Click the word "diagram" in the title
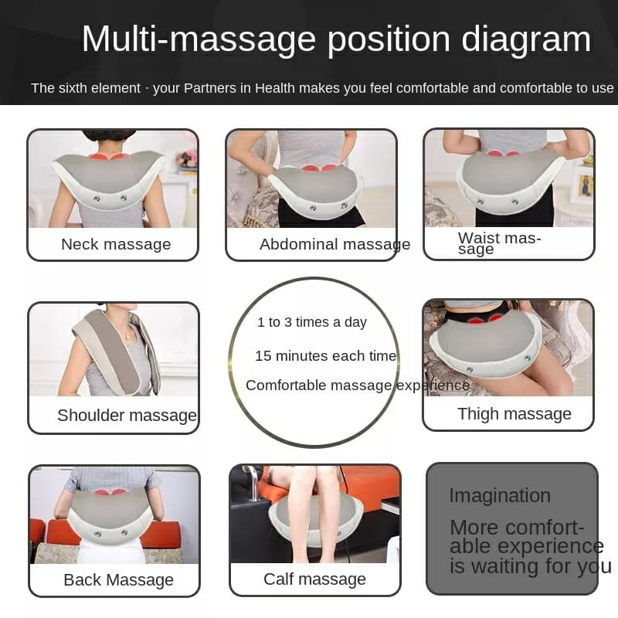click(526, 39)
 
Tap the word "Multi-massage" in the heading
click(199, 39)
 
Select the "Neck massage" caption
click(116, 244)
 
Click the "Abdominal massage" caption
click(334, 244)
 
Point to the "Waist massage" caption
click(499, 243)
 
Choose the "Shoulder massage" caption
click(127, 416)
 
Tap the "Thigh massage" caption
click(514, 414)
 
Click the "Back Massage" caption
click(118, 580)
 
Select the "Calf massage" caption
click(314, 579)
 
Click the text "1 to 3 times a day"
click(312, 322)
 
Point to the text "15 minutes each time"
click(325, 356)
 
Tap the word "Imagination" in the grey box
click(500, 495)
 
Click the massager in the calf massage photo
click(315, 521)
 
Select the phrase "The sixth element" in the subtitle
click(86, 88)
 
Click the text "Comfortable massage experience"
click(358, 385)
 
